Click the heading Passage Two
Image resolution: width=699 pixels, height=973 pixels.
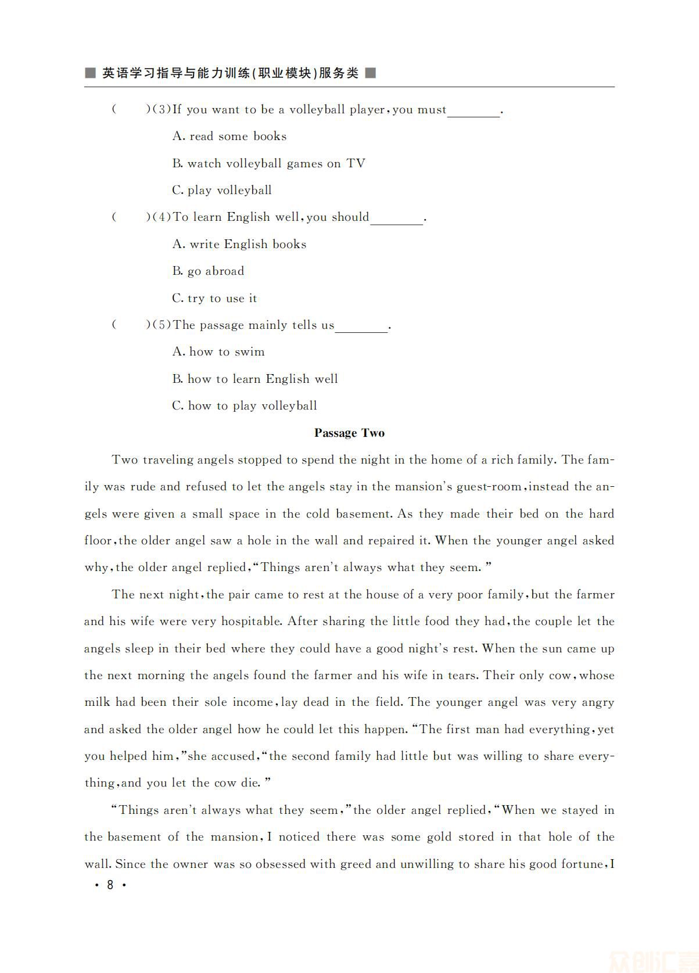(349, 433)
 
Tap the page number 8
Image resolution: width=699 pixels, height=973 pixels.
(110, 885)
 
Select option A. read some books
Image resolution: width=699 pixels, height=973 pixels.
(230, 137)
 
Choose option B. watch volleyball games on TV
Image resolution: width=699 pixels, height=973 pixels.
(268, 164)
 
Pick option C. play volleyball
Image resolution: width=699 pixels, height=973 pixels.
(222, 191)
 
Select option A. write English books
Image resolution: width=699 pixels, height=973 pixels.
(239, 245)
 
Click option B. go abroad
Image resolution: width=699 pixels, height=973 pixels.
(208, 271)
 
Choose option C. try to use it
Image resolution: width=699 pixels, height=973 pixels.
(214, 299)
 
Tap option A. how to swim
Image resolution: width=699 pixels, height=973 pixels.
(218, 352)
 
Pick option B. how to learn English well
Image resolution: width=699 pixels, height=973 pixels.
(255, 379)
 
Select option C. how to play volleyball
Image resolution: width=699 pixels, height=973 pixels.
(245, 406)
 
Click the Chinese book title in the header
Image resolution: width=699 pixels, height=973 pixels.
(230, 73)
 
